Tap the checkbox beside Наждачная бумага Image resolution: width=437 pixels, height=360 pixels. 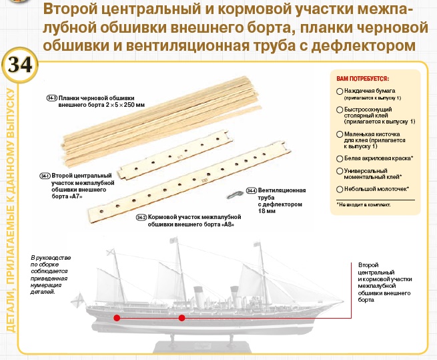340,91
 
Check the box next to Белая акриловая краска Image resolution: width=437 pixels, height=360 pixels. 340,158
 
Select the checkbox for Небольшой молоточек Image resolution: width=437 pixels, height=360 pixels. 340,189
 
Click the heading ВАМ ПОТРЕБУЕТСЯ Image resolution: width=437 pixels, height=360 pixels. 364,78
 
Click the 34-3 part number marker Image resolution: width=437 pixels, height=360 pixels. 51,98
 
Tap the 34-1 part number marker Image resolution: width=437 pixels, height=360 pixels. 45,176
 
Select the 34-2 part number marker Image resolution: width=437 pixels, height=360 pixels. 141,218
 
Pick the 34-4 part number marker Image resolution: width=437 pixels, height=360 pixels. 251,190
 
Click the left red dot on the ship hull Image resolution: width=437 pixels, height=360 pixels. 117,318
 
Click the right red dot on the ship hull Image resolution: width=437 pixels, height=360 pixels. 181,318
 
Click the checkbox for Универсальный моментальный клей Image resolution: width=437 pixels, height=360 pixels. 340,172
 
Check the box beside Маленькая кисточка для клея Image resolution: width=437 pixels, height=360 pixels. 340,134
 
